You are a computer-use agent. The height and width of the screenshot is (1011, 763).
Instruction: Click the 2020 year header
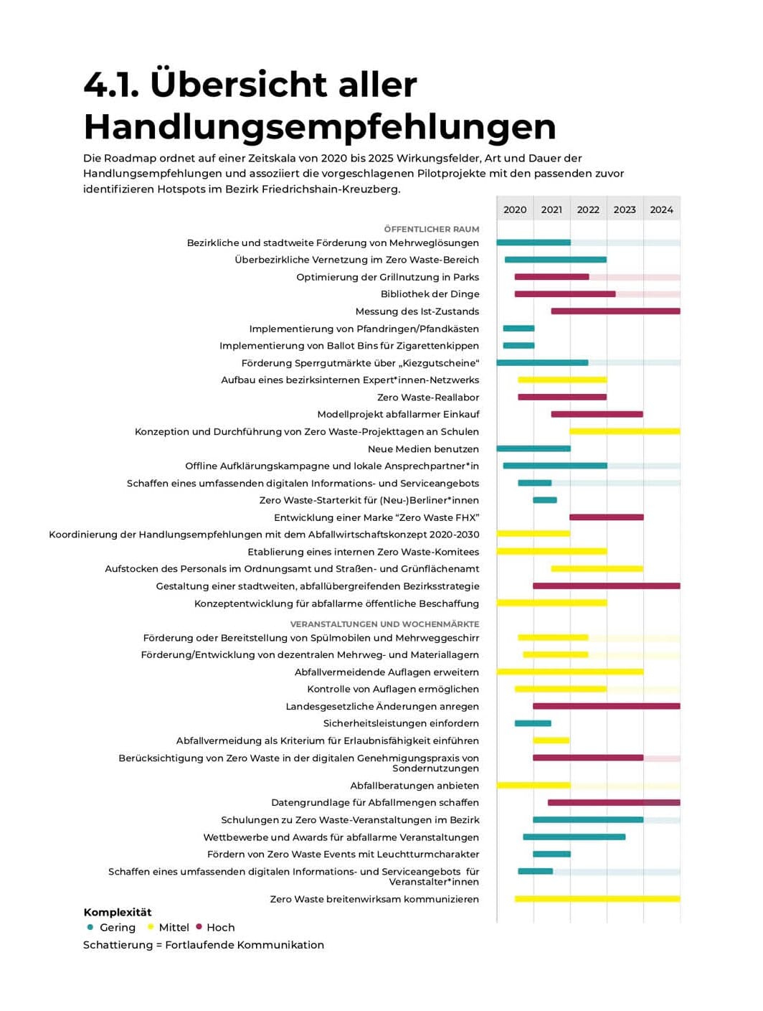point(515,210)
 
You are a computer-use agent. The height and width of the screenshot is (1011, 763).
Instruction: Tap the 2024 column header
point(661,210)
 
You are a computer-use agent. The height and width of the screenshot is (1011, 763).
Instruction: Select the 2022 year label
point(588,210)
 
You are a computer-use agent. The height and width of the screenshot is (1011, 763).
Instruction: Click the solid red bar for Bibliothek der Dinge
point(564,294)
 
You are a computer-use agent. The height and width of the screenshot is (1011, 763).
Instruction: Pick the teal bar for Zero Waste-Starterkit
point(545,500)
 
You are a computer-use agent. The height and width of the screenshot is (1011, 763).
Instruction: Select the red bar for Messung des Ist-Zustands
point(615,311)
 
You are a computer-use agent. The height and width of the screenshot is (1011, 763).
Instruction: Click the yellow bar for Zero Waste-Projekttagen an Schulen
point(625,431)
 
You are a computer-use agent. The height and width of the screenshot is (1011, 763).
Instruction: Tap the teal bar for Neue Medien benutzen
point(534,448)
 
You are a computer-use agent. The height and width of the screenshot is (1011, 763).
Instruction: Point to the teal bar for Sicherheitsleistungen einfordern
point(533,723)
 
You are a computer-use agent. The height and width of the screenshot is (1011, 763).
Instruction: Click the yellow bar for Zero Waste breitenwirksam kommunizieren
point(597,899)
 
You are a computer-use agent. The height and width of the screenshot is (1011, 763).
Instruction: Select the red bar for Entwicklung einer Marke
point(607,517)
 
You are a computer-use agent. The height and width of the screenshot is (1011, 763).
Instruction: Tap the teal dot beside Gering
point(90,927)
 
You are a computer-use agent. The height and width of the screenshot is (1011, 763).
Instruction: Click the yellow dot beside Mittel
point(151,927)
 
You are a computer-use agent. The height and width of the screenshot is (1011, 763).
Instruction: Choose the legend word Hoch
point(220,928)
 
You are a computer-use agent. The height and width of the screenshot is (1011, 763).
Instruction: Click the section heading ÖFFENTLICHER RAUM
point(432,229)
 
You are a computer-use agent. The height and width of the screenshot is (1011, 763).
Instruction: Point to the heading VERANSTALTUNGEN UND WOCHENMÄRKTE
point(384,624)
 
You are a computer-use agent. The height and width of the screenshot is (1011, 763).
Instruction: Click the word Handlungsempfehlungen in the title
point(320,126)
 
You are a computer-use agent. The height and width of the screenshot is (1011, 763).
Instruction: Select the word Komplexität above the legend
point(118,913)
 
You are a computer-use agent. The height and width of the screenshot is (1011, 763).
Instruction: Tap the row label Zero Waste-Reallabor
point(428,397)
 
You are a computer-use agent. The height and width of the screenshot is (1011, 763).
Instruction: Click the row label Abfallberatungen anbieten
point(414,786)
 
